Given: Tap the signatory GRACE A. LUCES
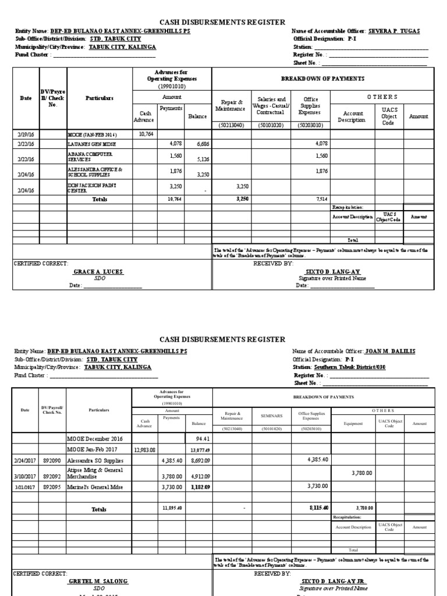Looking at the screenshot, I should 98,272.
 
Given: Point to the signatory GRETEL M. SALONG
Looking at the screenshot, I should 98,581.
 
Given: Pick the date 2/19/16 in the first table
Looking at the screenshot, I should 25,134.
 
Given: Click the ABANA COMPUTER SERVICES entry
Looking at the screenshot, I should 90,157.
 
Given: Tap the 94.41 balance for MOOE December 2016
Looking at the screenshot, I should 201,438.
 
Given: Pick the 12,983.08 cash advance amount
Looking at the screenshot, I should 145,449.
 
